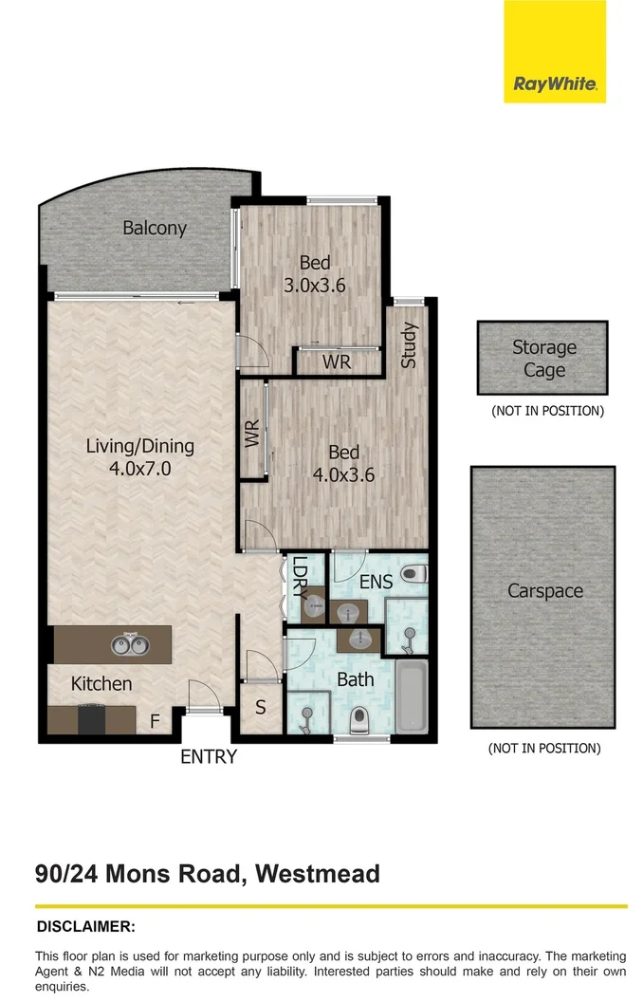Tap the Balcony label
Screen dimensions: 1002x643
[x=154, y=228]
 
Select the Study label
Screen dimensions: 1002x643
[x=409, y=346]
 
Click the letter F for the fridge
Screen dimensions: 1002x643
[x=155, y=723]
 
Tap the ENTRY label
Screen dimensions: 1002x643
[x=210, y=756]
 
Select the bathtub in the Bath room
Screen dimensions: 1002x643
[x=410, y=696]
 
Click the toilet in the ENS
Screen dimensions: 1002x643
[x=413, y=574]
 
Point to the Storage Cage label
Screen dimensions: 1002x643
[x=544, y=359]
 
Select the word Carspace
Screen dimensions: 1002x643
[x=544, y=590]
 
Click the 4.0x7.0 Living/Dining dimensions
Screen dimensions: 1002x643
[x=139, y=468]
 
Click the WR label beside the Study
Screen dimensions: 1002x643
[x=337, y=362]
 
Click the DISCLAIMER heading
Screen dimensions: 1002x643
[x=86, y=925]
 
